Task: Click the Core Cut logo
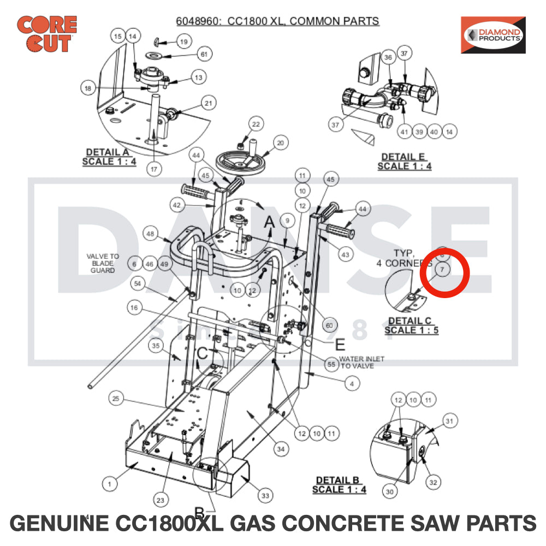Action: [47, 34]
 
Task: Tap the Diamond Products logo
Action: [493, 35]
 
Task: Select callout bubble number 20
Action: [280, 143]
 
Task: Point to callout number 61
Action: [204, 55]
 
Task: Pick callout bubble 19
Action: [183, 41]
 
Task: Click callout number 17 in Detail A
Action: [154, 169]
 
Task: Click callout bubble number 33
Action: [265, 496]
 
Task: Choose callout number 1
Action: [110, 483]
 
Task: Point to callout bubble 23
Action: [160, 500]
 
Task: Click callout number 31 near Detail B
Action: [449, 421]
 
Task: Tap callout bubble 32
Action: [433, 483]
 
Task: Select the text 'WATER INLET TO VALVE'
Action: [361, 362]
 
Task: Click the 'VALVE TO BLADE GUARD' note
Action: [103, 263]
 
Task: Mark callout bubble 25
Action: [115, 399]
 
